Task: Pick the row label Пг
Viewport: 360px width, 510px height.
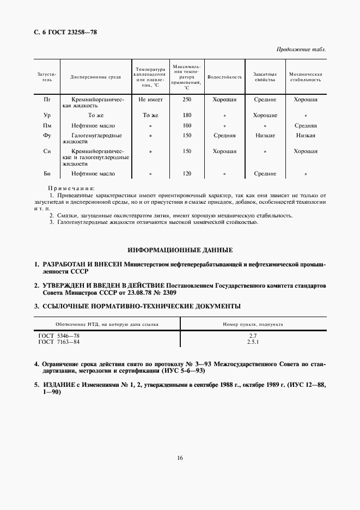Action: coord(47,100)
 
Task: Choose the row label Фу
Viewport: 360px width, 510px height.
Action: coord(47,135)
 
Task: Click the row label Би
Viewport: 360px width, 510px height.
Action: coord(47,174)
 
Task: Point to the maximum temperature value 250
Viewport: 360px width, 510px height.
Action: coord(187,100)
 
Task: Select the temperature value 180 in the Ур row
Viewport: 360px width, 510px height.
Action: coord(187,116)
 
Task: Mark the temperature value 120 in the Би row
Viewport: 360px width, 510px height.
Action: coord(187,174)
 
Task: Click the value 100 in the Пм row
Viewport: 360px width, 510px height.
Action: coord(187,126)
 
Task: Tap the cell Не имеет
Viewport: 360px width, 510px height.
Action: coord(150,100)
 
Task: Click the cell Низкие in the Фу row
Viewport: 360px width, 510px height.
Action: coord(265,135)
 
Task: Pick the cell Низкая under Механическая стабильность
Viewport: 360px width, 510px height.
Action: coord(306,135)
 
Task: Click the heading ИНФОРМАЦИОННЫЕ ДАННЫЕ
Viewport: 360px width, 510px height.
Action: coord(180,250)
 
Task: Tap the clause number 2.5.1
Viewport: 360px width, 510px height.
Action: coord(252,342)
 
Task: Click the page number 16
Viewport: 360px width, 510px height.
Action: coord(180,458)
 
